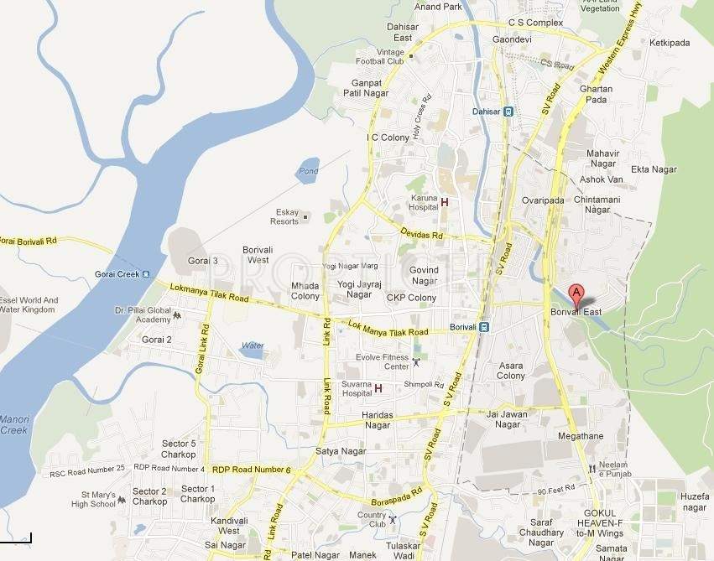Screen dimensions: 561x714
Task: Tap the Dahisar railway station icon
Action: coord(508,111)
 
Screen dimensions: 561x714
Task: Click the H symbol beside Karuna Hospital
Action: coord(445,202)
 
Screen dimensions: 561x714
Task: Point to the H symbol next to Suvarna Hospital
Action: coord(378,388)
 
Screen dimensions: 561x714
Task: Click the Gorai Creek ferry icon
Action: coord(146,274)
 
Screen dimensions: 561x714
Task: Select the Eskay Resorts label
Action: coord(284,216)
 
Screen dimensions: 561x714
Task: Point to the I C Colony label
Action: coord(388,138)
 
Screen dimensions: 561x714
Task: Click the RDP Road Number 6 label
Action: coord(251,470)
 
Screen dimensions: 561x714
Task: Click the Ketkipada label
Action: coord(669,42)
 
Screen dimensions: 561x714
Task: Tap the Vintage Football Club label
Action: coord(402,56)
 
